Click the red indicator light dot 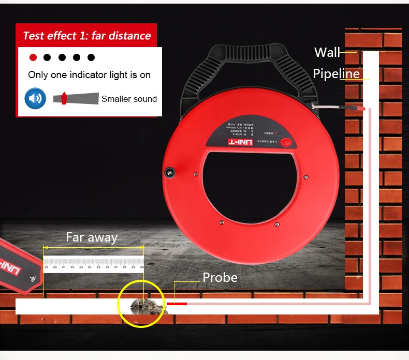[33, 57]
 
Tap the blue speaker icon [36, 98]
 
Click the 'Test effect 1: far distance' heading [86, 36]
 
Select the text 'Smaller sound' [129, 99]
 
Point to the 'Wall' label [327, 52]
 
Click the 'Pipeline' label [336, 74]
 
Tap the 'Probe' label [220, 277]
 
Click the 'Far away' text [92, 237]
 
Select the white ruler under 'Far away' [94, 264]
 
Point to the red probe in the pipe [176, 303]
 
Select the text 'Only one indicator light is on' [90, 75]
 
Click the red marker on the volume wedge [64, 98]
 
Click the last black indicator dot [91, 57]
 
